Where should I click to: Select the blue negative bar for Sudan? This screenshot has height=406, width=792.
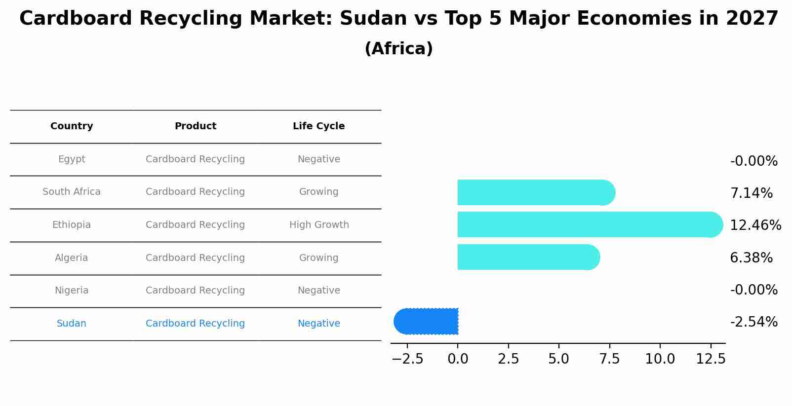click(427, 321)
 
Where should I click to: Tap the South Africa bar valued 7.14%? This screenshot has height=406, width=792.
click(533, 192)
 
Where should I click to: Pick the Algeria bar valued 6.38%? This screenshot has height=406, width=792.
click(526, 257)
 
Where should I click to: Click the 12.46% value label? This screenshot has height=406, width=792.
click(755, 225)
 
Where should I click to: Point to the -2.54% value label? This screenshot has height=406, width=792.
click(753, 322)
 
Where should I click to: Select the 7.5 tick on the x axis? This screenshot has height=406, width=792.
click(609, 359)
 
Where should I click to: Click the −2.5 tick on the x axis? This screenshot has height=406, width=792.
click(408, 359)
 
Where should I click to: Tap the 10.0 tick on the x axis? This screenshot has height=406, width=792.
click(660, 359)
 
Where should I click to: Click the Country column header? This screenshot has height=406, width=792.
click(72, 126)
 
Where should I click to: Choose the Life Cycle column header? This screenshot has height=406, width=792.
click(318, 126)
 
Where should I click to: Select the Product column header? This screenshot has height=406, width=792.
click(195, 126)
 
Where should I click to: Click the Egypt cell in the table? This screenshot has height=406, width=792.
click(72, 159)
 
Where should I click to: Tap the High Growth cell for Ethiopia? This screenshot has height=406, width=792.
click(319, 225)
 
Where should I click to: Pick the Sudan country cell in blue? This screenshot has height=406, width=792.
click(72, 324)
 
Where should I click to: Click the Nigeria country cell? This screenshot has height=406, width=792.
click(72, 291)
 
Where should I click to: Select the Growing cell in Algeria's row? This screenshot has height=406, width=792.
click(318, 258)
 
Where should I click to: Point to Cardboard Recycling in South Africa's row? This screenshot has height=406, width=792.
click(195, 192)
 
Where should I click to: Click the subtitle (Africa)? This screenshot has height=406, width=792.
click(398, 49)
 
